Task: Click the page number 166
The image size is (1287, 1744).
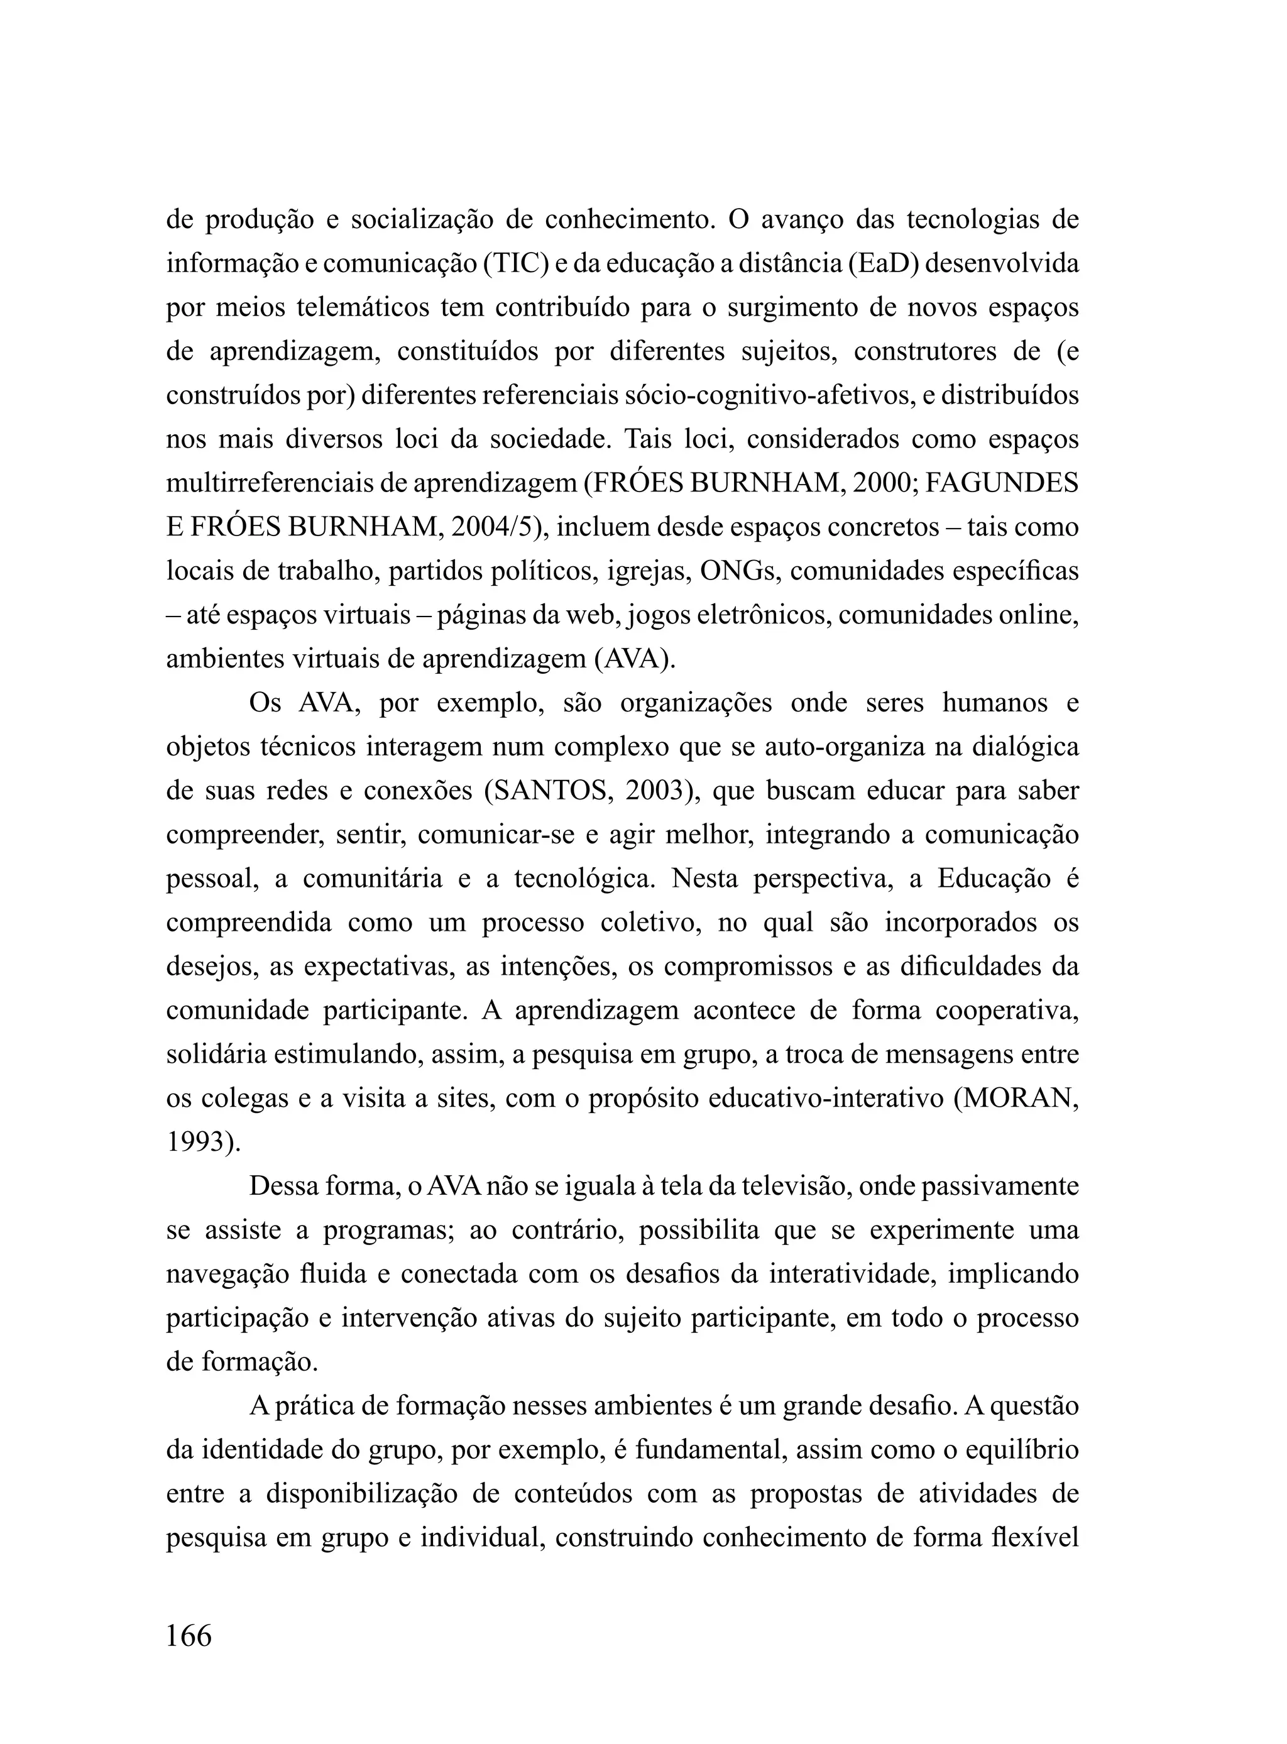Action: [189, 1637]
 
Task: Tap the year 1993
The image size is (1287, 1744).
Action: [199, 1143]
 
